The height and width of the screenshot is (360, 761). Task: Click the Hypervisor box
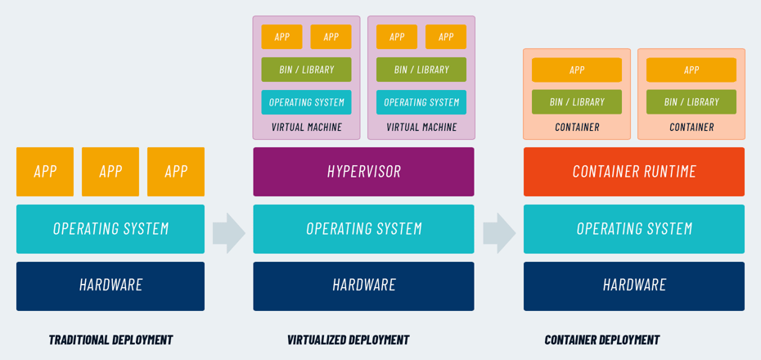coord(363,172)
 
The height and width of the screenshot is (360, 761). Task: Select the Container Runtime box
coord(634,172)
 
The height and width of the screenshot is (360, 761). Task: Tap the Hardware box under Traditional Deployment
coord(110,286)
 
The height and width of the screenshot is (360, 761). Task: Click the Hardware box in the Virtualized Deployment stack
coord(363,286)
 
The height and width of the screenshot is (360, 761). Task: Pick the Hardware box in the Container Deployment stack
coord(634,286)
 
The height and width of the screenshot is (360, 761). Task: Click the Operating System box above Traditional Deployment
coord(110,229)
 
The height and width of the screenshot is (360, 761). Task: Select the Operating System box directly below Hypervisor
coord(363,229)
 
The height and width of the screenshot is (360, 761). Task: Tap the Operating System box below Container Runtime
coord(634,229)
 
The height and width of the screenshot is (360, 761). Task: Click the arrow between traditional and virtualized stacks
coord(228,233)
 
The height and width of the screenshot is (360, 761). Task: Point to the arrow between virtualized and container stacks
coord(499,233)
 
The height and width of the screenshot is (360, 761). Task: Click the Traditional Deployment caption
coord(110,340)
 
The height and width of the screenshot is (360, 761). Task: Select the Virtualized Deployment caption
coord(348,340)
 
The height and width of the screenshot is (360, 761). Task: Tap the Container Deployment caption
coord(601,340)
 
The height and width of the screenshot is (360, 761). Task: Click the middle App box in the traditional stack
coord(110,172)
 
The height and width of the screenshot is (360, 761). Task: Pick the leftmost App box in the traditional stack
coord(45,172)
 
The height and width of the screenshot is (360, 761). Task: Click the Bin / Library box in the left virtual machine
coord(306,70)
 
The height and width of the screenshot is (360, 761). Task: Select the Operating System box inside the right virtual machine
coord(421,102)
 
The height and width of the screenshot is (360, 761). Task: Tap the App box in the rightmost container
coord(691,70)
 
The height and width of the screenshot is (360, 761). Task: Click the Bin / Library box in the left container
coord(577,102)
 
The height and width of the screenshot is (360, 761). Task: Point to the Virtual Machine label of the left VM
coord(306,127)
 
